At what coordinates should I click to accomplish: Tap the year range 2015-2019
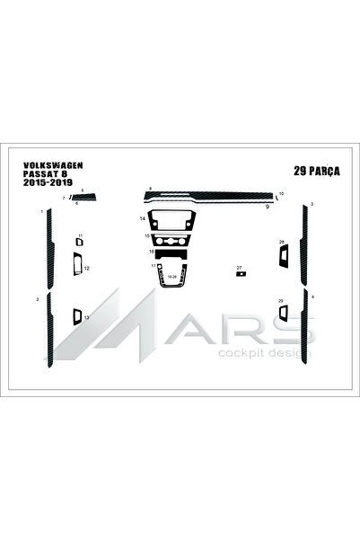tap(49, 182)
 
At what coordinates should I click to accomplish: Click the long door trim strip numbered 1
tap(48, 246)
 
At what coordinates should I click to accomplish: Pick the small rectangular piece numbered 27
tap(241, 274)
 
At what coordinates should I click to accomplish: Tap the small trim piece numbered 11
tap(77, 242)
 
